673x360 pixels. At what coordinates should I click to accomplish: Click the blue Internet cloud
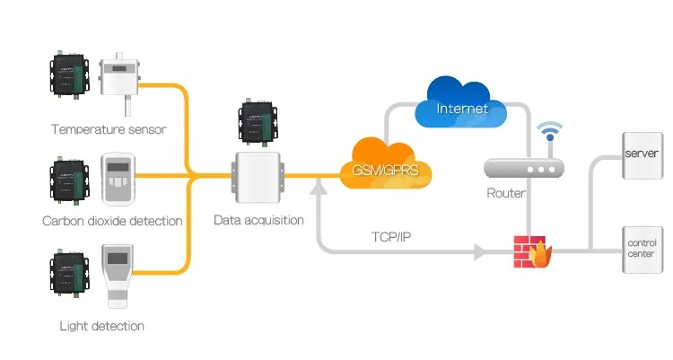[461, 103]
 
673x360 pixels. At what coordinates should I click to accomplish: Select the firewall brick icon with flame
[532, 250]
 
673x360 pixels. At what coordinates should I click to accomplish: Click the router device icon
[523, 168]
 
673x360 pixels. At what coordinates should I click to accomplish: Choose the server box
[642, 154]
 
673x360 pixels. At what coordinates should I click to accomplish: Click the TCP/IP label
[392, 237]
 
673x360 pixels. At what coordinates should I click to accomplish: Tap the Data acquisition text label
[258, 220]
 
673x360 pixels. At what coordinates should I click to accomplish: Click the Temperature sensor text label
[109, 129]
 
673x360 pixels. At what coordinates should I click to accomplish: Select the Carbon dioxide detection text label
[112, 221]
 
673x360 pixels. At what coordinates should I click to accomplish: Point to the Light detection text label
[101, 325]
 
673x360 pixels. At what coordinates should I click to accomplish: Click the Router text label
[506, 192]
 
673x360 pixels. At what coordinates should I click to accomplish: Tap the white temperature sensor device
[122, 82]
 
